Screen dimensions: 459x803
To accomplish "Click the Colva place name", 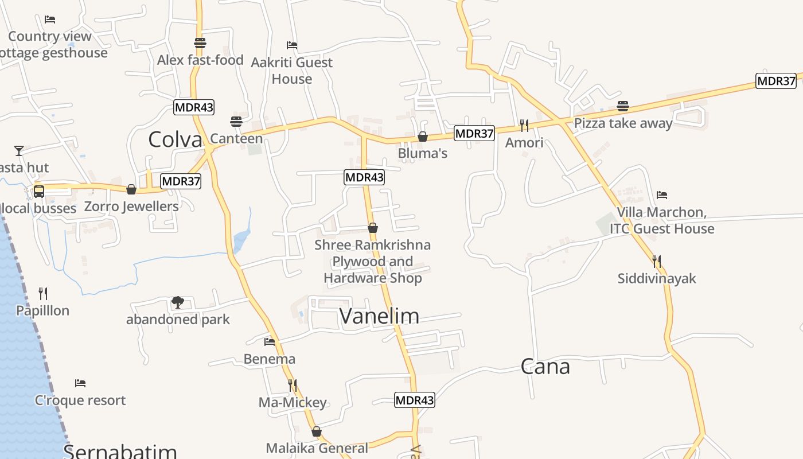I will [x=175, y=139].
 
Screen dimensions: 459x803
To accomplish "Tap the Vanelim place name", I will [x=379, y=316].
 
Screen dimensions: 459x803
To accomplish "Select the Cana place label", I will [x=545, y=366].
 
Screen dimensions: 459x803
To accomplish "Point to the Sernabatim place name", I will [x=120, y=451].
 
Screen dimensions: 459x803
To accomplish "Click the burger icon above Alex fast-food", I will [x=200, y=43].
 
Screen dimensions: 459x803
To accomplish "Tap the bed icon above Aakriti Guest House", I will [x=292, y=45].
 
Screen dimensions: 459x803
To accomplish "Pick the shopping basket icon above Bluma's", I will [x=423, y=137].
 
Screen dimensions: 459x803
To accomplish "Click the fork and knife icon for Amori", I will [x=524, y=125].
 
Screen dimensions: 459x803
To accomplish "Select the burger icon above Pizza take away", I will [x=623, y=106].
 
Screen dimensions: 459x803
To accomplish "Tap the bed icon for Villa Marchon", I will [x=662, y=195].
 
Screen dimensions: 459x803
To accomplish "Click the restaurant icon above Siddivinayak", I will [x=657, y=262].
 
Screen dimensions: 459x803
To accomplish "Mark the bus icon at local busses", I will [x=39, y=192].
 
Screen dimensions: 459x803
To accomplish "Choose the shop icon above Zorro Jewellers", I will [x=131, y=189].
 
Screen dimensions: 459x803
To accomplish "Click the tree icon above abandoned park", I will [x=178, y=302].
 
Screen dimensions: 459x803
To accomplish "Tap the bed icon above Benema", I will [x=270, y=342].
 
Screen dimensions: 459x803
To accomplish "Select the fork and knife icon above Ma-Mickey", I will [x=293, y=385].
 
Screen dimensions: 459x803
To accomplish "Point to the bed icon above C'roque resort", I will [x=80, y=383].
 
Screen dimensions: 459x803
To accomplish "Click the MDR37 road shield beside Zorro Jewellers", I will [x=181, y=181].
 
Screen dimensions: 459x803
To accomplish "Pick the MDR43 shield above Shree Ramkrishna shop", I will [x=364, y=177].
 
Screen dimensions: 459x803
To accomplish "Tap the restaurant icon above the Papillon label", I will [x=43, y=294].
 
